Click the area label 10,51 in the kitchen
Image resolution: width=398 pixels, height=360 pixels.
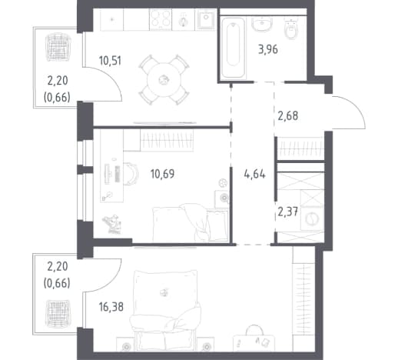pos(110,61)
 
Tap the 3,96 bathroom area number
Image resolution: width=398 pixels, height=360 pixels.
pos(268,49)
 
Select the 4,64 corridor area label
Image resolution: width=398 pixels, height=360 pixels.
pos(254,175)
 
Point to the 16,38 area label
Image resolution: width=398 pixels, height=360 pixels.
pos(111,307)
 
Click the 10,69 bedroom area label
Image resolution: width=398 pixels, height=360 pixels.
pos(162,174)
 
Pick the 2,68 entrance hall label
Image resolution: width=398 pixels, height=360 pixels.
pos(288,116)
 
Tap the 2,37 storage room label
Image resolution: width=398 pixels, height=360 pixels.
pos(288,212)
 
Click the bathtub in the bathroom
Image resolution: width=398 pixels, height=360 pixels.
pos(233,48)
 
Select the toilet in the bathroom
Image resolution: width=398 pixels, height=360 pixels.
pos(291,29)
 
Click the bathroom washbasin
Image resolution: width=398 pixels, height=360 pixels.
pos(262,25)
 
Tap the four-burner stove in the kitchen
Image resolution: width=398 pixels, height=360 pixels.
pos(161,18)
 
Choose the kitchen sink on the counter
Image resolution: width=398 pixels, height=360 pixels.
pos(206,19)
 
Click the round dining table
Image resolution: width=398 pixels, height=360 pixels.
pos(164,80)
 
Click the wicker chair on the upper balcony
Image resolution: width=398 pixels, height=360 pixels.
pos(58,48)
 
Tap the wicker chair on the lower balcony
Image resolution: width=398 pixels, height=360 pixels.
pos(58,313)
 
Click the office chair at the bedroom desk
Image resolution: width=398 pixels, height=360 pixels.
pos(131,174)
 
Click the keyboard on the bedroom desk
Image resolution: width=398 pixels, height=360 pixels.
pos(118,174)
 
